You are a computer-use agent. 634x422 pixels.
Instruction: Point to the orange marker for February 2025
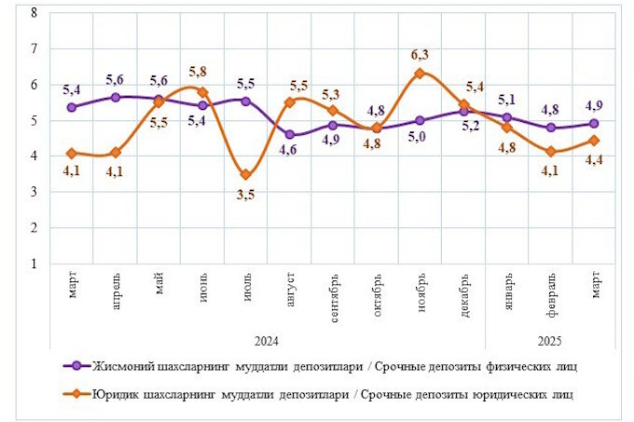tap(552, 151)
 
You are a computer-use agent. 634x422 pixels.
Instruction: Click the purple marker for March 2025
tap(595, 123)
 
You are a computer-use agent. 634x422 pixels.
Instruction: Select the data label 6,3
tap(420, 54)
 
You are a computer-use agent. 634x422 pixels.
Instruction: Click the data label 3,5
tap(246, 194)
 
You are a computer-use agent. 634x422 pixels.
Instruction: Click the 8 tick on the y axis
tap(34, 12)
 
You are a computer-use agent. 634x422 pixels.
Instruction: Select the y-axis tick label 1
tap(34, 264)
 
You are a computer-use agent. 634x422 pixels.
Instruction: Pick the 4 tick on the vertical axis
tap(34, 156)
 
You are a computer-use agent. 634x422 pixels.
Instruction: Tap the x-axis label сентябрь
tap(334, 297)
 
